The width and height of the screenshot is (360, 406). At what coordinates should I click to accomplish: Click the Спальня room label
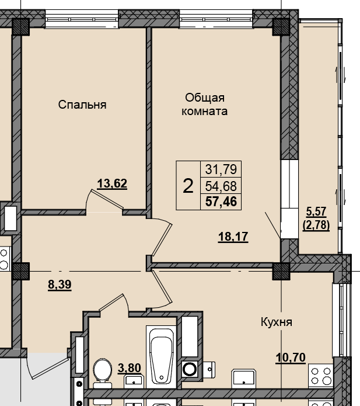[x=82, y=105]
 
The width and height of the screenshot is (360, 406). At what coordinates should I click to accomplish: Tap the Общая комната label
[x=204, y=104]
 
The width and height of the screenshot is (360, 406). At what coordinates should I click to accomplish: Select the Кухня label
[x=276, y=322]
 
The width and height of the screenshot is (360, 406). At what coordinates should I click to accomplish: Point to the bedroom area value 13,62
[x=112, y=183]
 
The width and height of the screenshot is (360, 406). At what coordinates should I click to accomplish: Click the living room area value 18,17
[x=233, y=237]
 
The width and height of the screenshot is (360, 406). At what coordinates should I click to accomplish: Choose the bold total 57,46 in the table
[x=221, y=202]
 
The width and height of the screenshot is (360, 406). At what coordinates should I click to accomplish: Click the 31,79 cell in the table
[x=221, y=170]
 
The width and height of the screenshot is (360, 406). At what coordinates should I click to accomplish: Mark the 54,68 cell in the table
[x=221, y=186]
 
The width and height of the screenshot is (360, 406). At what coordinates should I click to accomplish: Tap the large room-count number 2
[x=188, y=186]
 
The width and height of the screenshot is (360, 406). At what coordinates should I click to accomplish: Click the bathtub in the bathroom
[x=161, y=355]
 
